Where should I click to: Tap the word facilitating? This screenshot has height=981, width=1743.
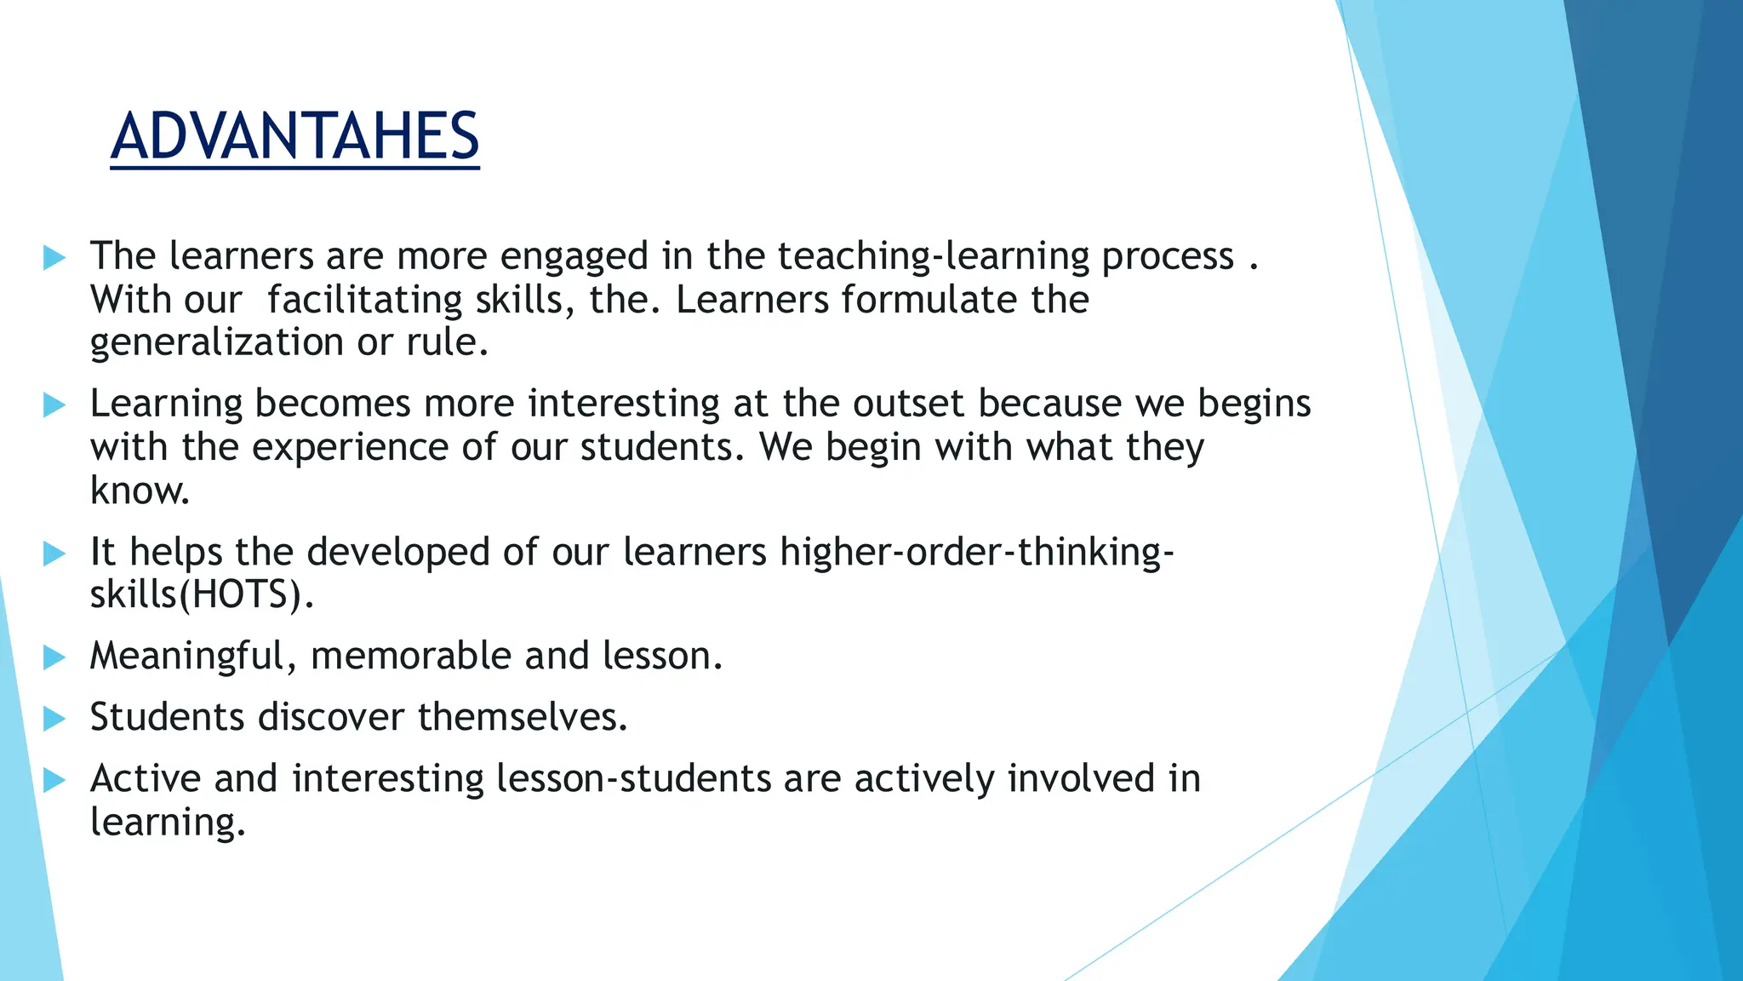click(x=364, y=300)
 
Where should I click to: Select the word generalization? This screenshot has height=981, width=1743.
click(x=216, y=342)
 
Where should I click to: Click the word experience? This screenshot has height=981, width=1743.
click(x=350, y=448)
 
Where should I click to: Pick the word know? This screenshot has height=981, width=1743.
click(x=139, y=491)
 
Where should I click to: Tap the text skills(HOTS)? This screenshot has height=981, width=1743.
click(x=202, y=594)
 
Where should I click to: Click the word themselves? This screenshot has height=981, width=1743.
click(x=522, y=717)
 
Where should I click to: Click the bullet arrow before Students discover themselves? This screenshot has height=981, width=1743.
click(x=54, y=718)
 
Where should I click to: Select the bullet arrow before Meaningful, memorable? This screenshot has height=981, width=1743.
click(x=54, y=657)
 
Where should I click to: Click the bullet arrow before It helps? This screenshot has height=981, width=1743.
click(x=54, y=554)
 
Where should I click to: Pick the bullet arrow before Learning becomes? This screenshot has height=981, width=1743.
click(x=54, y=404)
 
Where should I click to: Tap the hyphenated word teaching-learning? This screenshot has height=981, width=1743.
click(x=934, y=257)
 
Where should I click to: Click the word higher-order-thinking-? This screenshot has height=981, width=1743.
click(x=977, y=552)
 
